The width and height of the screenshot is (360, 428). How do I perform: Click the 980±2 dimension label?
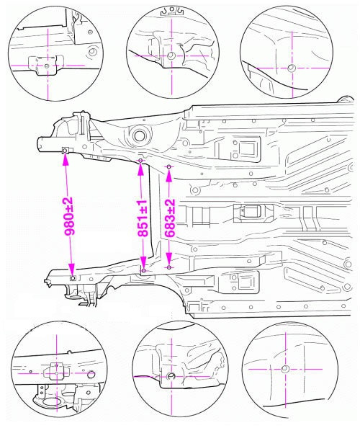pyautogui.click(x=68, y=216)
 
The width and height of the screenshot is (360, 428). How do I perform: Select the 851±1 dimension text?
pyautogui.click(x=143, y=218)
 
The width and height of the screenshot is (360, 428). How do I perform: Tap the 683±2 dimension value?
pyautogui.click(x=170, y=218)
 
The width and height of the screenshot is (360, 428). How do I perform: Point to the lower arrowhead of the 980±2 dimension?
pyautogui.click(x=71, y=269)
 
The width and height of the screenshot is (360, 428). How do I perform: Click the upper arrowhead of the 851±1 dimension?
pyautogui.click(x=140, y=169)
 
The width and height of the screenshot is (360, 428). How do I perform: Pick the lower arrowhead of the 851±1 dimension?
pyautogui.click(x=143, y=262)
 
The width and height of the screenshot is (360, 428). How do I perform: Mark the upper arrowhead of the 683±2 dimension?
pyautogui.click(x=169, y=175)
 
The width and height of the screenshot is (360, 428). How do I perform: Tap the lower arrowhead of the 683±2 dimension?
pyautogui.click(x=169, y=259)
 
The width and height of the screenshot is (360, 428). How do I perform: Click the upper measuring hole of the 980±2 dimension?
pyautogui.click(x=66, y=151)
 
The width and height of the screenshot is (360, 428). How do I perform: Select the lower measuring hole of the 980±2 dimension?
pyautogui.click(x=73, y=278)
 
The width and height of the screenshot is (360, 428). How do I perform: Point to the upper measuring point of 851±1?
pyautogui.click(x=140, y=161)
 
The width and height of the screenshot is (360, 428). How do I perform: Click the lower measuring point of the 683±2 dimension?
pyautogui.click(x=169, y=267)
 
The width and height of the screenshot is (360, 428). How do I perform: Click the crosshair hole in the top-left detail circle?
pyautogui.click(x=47, y=66)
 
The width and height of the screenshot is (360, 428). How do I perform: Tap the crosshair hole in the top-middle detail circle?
pyautogui.click(x=171, y=55)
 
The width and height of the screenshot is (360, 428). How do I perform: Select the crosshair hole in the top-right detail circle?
pyautogui.click(x=292, y=68)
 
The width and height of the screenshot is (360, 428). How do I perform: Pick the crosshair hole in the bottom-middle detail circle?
pyautogui.click(x=171, y=376)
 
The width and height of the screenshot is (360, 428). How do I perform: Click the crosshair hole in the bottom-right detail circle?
pyautogui.click(x=285, y=369)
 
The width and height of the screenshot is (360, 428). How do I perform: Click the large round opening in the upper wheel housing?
pyautogui.click(x=140, y=135)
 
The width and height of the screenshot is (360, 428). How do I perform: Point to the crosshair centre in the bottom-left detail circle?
pyautogui.click(x=56, y=373)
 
